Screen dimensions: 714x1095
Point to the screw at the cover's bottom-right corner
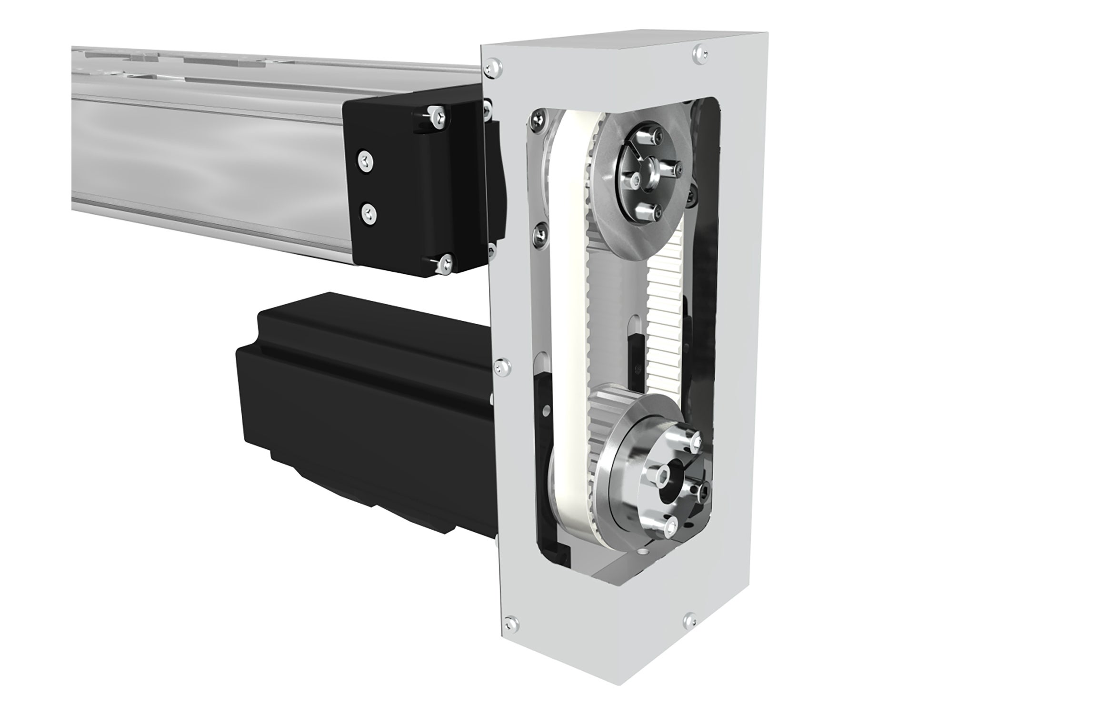[689, 619]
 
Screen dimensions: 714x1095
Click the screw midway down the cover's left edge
[501, 366]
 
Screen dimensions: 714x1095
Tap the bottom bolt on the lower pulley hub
[671, 525]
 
